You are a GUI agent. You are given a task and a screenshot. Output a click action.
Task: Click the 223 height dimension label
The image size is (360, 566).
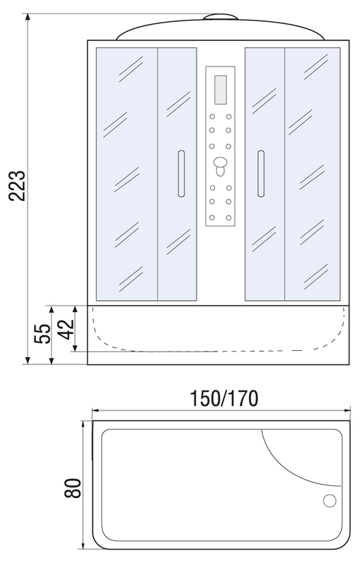coord(17,185)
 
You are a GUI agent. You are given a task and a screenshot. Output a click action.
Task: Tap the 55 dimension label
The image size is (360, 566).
coord(42,334)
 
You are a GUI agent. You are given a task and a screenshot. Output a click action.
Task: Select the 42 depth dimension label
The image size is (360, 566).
coord(66,329)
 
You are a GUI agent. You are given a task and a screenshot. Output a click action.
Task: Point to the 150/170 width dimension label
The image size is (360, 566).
coord(224,398)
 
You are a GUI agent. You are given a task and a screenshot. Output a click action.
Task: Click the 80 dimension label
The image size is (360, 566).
coord(73,488)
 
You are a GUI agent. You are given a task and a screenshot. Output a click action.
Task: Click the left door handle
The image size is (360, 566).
coord(181,173)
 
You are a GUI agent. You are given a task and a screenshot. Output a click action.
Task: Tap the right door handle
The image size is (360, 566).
coord(260,173)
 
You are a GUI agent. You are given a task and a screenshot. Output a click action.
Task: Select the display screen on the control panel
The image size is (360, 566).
coord(220,89)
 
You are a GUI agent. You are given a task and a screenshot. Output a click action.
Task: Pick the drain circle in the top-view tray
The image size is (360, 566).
coord(330,501)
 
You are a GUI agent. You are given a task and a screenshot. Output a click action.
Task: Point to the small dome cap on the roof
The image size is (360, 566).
coord(220,16)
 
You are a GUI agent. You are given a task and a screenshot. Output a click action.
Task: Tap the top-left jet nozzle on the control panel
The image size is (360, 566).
coord(212,117)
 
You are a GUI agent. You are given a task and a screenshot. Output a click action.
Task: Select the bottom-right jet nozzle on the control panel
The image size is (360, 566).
coord(228,218)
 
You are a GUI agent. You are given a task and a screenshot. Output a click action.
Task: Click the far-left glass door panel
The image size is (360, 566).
coord(127,174)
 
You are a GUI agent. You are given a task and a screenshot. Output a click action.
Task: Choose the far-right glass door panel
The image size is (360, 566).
coord(313,174)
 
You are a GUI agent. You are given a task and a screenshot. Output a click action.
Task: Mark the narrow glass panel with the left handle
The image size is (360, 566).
coord(177,174)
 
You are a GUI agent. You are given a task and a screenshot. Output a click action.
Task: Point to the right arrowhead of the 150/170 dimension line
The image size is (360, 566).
coord(348,410)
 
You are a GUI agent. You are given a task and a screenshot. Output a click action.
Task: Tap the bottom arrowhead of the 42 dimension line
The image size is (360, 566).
coord(75,348)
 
